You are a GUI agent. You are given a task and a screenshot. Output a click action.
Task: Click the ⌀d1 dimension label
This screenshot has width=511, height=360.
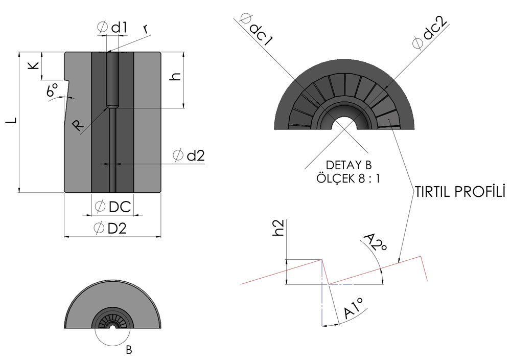(112, 28)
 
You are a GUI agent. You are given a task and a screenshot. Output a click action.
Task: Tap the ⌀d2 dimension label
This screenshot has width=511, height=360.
(189, 155)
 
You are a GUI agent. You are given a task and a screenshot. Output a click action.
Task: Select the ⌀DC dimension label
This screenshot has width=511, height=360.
(113, 207)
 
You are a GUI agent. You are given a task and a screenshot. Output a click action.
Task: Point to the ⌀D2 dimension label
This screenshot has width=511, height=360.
(110, 228)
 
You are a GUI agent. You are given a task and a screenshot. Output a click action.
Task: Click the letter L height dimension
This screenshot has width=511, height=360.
(11, 120)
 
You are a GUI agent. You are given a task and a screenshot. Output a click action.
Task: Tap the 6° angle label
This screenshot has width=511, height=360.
(52, 89)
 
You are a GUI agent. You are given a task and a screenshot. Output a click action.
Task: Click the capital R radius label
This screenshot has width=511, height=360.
(78, 125)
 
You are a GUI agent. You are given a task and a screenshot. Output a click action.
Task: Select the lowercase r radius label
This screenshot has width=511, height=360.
(146, 29)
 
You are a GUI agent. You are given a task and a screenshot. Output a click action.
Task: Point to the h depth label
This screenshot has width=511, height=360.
(175, 77)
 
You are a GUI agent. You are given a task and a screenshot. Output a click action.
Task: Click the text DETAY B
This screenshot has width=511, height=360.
(349, 165)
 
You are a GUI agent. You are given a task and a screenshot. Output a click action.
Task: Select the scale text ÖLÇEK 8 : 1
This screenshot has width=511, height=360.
(347, 178)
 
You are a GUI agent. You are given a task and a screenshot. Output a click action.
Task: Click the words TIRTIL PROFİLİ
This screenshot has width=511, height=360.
(459, 192)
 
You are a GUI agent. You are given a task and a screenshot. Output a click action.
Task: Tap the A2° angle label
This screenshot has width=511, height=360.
(375, 243)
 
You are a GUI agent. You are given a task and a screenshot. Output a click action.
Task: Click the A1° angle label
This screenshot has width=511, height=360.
(354, 308)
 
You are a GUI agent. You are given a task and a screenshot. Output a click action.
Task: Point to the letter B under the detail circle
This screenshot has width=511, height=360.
(129, 351)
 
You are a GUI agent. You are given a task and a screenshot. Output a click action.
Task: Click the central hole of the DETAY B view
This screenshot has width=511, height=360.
(345, 123)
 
